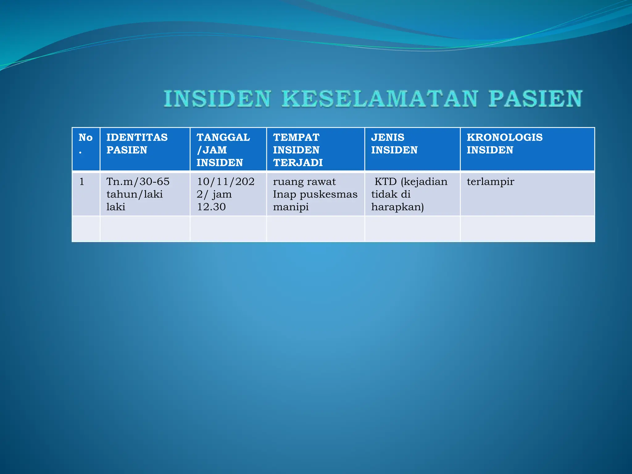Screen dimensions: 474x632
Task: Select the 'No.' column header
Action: click(x=85, y=143)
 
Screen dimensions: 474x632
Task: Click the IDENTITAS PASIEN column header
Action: click(x=137, y=143)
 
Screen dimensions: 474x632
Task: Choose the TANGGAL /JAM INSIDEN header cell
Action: click(x=223, y=150)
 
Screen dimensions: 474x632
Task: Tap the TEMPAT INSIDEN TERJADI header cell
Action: click(x=298, y=150)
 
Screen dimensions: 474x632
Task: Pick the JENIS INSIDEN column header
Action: click(x=394, y=143)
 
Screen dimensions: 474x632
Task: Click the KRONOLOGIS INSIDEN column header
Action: click(x=504, y=143)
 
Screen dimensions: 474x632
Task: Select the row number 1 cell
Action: click(x=82, y=181)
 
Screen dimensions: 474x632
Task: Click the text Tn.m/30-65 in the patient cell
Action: click(x=138, y=181)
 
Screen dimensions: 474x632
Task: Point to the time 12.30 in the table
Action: click(x=211, y=207)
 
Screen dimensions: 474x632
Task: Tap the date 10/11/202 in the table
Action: click(x=226, y=181)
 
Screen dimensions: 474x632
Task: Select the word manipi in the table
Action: click(x=291, y=207)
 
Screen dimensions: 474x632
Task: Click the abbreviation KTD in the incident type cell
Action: click(x=385, y=181)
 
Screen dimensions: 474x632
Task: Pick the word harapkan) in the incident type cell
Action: click(x=397, y=207)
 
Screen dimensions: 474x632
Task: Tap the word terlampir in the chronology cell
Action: click(x=490, y=181)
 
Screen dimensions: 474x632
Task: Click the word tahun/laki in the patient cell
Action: click(x=135, y=194)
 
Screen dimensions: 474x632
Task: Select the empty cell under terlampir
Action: click(x=527, y=229)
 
